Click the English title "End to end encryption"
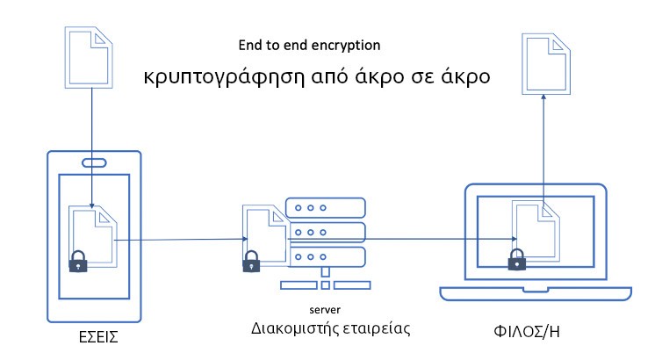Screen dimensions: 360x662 point(310,44)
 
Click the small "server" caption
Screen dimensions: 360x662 point(325,310)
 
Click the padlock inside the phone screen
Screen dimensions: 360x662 point(79,261)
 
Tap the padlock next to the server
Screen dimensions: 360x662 point(251,260)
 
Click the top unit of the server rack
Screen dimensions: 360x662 point(325,208)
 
